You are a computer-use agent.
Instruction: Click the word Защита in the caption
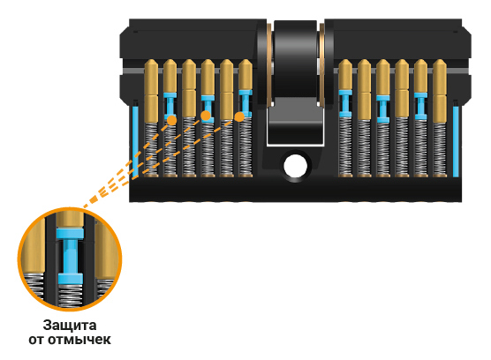tap(70, 326)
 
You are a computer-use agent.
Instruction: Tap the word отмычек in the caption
tap(79, 340)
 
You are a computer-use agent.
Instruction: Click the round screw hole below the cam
tap(295, 166)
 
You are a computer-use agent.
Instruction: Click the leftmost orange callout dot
tap(171, 120)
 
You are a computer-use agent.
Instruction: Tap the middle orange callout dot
tap(206, 116)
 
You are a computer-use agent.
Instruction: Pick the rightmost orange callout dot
tap(239, 116)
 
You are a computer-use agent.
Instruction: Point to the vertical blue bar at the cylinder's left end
tap(135, 142)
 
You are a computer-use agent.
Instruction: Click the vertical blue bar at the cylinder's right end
tap(456, 142)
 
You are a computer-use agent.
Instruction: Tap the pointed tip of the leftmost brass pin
tap(151, 60)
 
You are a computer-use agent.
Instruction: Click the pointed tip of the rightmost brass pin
tap(440, 60)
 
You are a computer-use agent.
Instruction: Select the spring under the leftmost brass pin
tap(151, 148)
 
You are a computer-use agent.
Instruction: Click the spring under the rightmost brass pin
tap(440, 148)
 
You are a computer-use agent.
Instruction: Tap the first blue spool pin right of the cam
tap(345, 103)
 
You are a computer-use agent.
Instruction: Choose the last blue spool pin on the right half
tap(420, 106)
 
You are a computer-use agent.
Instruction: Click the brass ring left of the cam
tap(269, 64)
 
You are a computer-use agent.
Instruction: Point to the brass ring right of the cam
tap(321, 64)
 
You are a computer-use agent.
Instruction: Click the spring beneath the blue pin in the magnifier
tap(70, 295)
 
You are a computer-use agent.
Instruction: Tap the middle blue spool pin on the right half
tap(383, 109)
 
